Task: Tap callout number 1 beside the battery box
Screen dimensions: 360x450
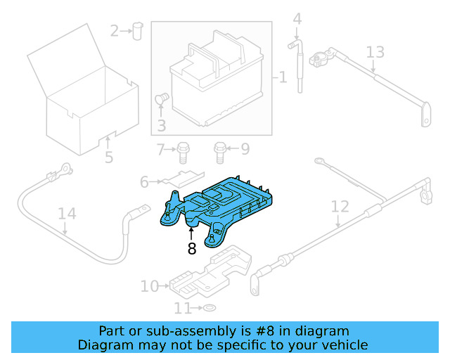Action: pos(283,77)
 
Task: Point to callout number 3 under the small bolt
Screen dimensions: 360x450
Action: pos(161,127)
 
